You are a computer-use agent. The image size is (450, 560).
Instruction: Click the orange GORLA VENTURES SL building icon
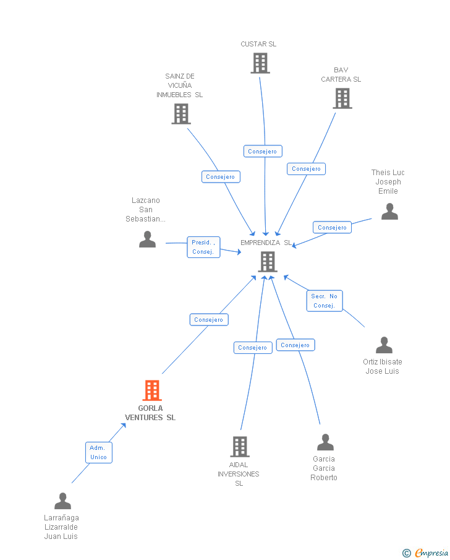click(152, 390)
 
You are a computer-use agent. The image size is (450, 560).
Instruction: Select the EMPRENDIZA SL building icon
click(267, 262)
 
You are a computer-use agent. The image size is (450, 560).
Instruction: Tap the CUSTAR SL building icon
click(260, 63)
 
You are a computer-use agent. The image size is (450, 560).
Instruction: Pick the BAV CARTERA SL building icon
click(342, 98)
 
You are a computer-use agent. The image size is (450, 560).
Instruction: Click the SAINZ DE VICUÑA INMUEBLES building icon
click(180, 114)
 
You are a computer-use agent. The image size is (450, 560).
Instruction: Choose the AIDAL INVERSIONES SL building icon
click(240, 446)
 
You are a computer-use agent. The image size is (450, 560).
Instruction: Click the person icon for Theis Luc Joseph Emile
click(389, 212)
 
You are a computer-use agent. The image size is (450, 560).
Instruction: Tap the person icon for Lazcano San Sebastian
click(147, 239)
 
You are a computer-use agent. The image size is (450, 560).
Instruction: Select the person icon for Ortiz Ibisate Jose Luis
click(384, 345)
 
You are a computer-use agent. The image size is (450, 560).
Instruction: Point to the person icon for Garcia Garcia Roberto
click(325, 442)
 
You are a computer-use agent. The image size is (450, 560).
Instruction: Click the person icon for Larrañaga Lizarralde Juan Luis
click(62, 501)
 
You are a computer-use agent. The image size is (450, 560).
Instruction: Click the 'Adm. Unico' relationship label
click(98, 452)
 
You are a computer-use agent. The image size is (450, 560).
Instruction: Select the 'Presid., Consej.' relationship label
click(203, 247)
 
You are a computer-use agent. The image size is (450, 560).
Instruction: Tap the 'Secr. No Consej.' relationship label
click(324, 301)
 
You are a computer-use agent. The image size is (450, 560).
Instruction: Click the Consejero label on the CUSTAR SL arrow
click(263, 152)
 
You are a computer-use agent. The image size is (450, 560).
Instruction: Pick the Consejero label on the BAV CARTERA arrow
click(306, 169)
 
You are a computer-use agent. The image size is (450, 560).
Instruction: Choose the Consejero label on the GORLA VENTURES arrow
click(209, 320)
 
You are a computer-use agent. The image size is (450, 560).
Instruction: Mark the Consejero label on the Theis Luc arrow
click(332, 228)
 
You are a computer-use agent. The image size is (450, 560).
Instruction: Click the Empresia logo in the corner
click(427, 553)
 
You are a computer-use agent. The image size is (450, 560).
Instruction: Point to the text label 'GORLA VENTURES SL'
click(150, 413)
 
